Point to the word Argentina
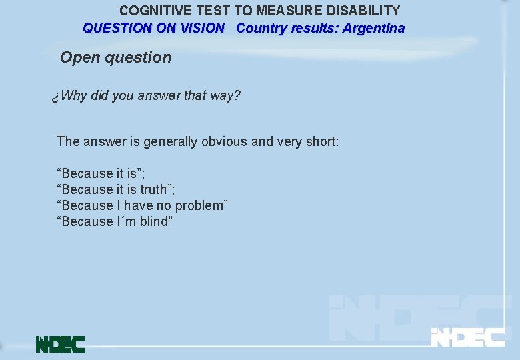coord(373,28)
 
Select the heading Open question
coord(115,57)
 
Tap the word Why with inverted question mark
coord(69,95)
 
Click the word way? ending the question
coord(225,95)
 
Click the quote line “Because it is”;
coord(101,173)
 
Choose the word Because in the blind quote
coord(87,221)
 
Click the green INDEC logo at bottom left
coord(61,343)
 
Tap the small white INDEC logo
coord(467,337)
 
